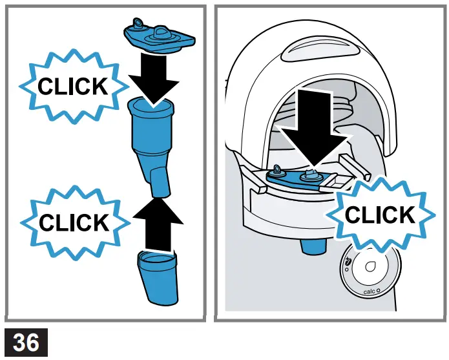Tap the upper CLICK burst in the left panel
coord(72,86)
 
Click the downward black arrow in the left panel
coord(153,78)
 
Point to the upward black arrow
coord(158,223)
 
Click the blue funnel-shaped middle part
coord(154,139)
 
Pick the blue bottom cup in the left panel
coord(157,277)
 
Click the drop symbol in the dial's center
coord(371,267)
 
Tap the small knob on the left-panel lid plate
coord(136,23)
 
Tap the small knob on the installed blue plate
coord(278,171)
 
